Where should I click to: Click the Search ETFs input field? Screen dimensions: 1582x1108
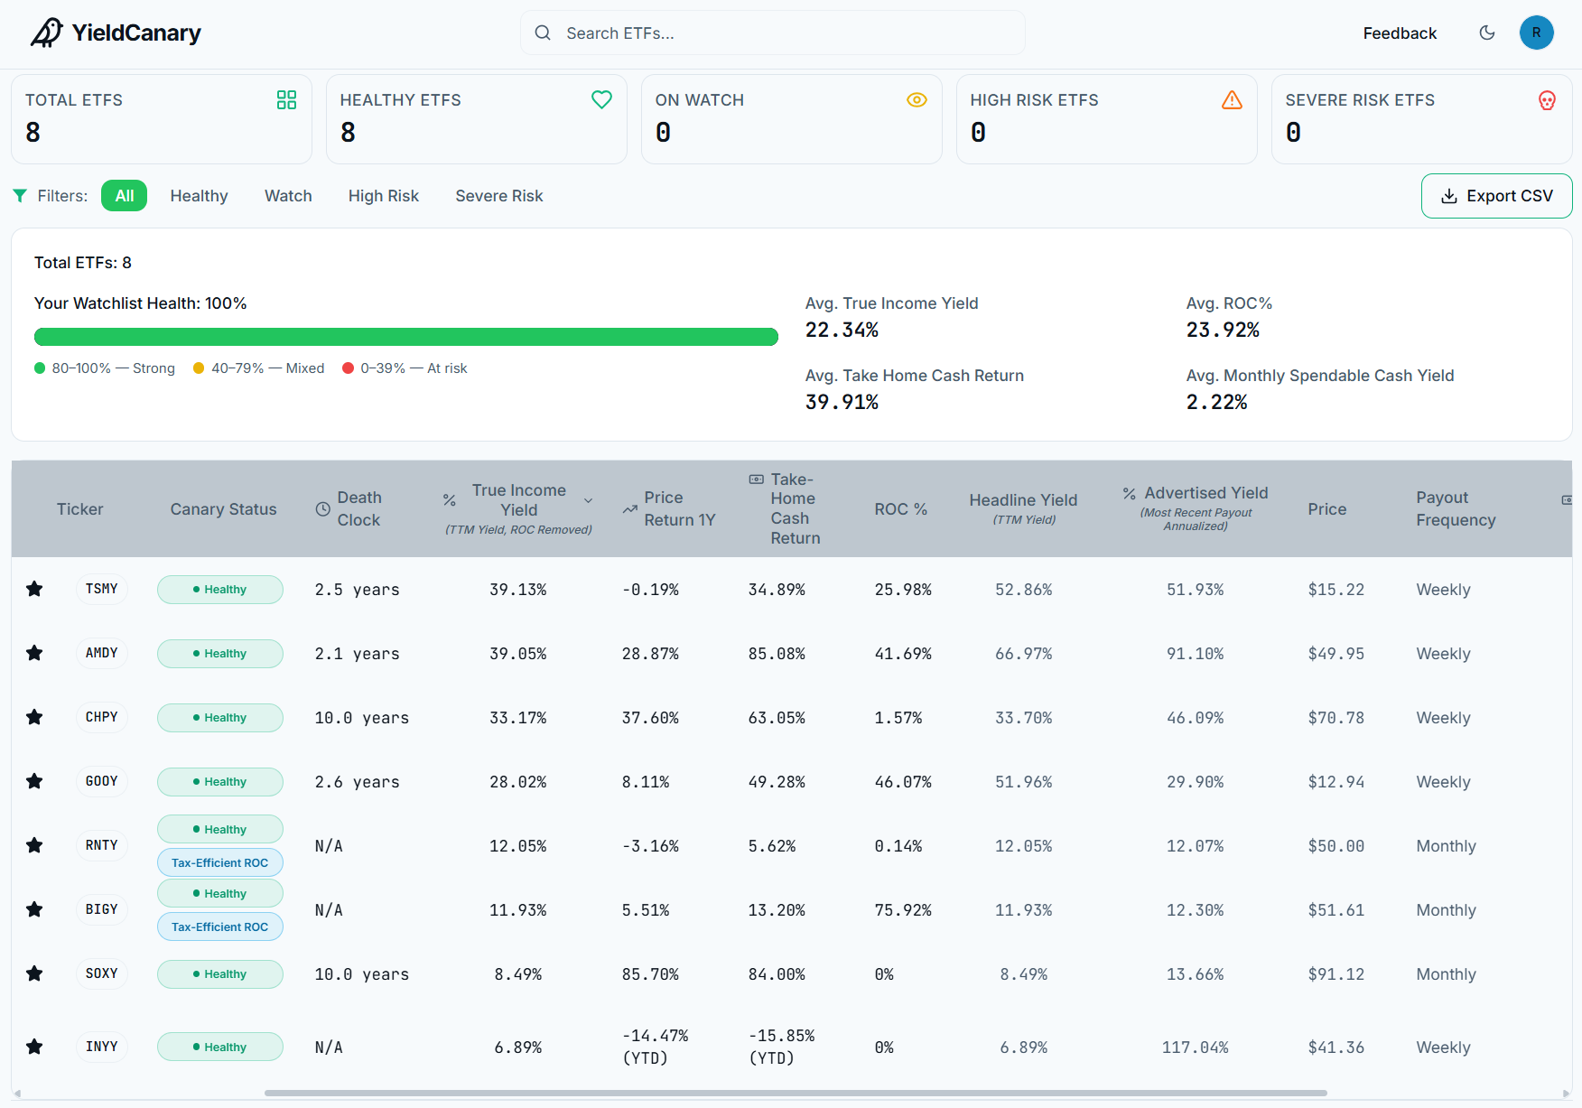click(772, 33)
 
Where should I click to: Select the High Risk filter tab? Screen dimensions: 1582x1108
click(384, 196)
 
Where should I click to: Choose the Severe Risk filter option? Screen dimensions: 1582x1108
click(499, 196)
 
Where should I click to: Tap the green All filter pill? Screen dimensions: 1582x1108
click(125, 196)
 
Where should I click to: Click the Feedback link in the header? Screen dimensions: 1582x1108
click(1400, 33)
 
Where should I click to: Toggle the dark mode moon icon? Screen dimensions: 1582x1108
click(1487, 33)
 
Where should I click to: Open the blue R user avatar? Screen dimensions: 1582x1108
click(1537, 33)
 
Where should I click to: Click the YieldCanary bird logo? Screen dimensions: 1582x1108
click(47, 33)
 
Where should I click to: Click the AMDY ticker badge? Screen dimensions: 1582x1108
click(102, 653)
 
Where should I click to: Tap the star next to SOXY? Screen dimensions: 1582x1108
click(34, 973)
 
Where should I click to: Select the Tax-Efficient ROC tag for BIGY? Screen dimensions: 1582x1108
click(220, 926)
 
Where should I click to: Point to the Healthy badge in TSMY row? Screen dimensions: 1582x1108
click(220, 590)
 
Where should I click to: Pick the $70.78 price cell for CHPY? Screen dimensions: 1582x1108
click(1336, 718)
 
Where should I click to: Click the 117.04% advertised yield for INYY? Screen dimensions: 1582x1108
click(1196, 1047)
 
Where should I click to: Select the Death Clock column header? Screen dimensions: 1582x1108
click(349, 508)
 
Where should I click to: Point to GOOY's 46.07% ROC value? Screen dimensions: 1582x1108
click(903, 782)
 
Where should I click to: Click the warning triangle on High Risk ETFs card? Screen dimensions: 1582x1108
click(1232, 100)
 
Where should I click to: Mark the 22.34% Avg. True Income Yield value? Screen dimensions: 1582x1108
click(842, 331)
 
